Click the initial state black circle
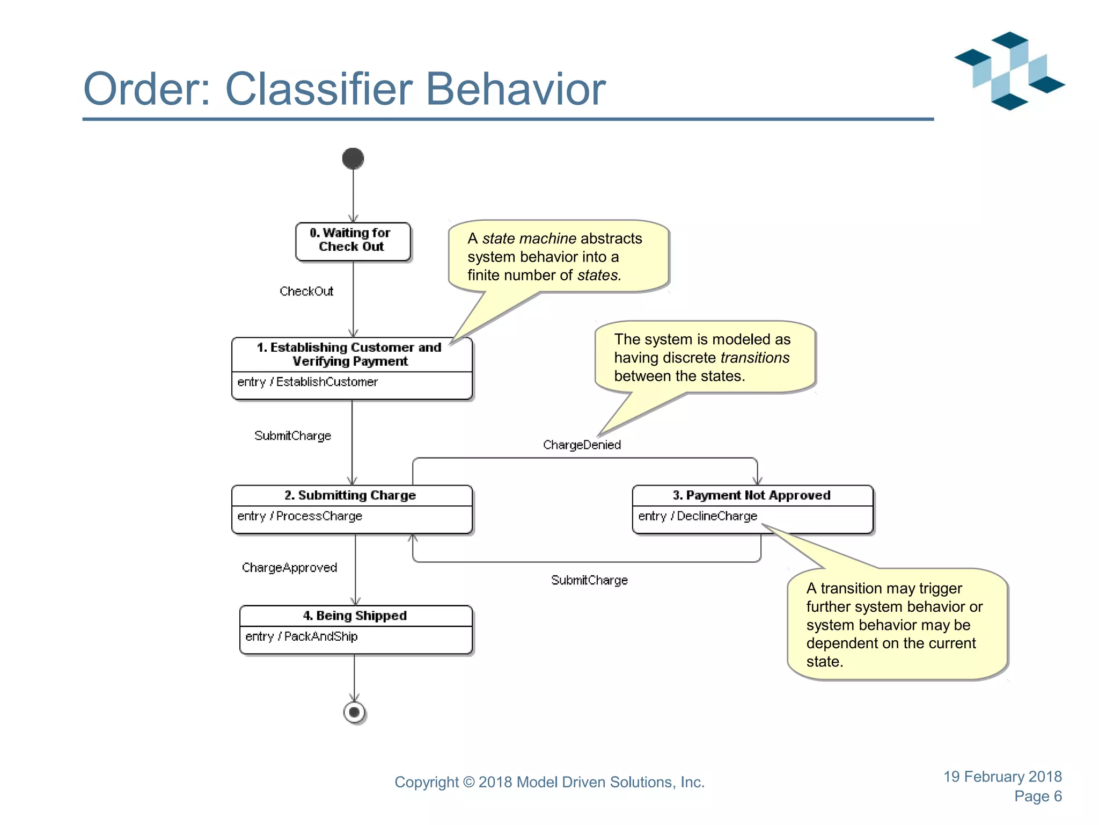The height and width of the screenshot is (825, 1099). tap(353, 158)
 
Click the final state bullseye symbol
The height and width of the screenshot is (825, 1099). tap(354, 712)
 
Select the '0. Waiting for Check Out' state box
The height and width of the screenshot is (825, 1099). tap(353, 242)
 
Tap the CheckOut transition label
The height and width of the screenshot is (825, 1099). tap(306, 291)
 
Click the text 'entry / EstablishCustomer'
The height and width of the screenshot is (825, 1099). tap(307, 382)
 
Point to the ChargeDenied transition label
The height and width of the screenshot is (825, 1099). tap(582, 445)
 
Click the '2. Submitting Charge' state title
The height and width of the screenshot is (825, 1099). tap(350, 495)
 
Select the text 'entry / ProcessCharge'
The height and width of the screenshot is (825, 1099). tap(299, 516)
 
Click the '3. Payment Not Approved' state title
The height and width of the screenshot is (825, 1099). tap(751, 495)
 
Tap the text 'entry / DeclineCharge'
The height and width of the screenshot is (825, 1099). tap(698, 516)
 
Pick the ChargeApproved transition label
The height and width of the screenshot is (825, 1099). tap(289, 568)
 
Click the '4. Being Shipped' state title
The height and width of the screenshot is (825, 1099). tap(355, 616)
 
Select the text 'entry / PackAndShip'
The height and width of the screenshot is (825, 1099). tap(301, 636)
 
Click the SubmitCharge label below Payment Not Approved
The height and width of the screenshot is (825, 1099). tap(589, 580)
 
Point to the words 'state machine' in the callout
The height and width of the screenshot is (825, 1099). tap(529, 238)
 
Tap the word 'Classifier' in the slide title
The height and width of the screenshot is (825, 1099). tap(319, 89)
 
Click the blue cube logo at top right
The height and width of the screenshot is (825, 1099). tap(1009, 70)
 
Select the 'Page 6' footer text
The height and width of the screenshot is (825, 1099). tap(1038, 796)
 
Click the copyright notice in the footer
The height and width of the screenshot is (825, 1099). tap(549, 782)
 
